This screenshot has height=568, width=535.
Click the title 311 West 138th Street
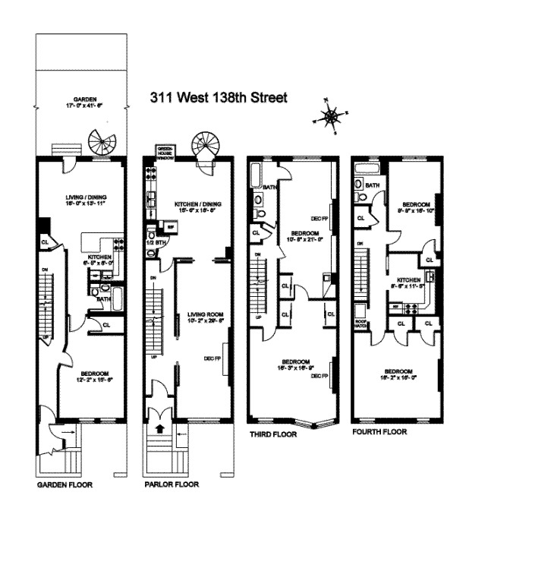[x=219, y=99]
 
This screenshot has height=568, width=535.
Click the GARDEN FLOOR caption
[x=65, y=484]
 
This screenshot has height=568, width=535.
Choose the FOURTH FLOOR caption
[x=379, y=431]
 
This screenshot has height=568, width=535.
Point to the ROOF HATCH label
[x=360, y=323]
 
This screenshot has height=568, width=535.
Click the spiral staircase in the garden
[x=99, y=141]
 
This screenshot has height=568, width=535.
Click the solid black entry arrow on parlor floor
[x=160, y=431]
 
